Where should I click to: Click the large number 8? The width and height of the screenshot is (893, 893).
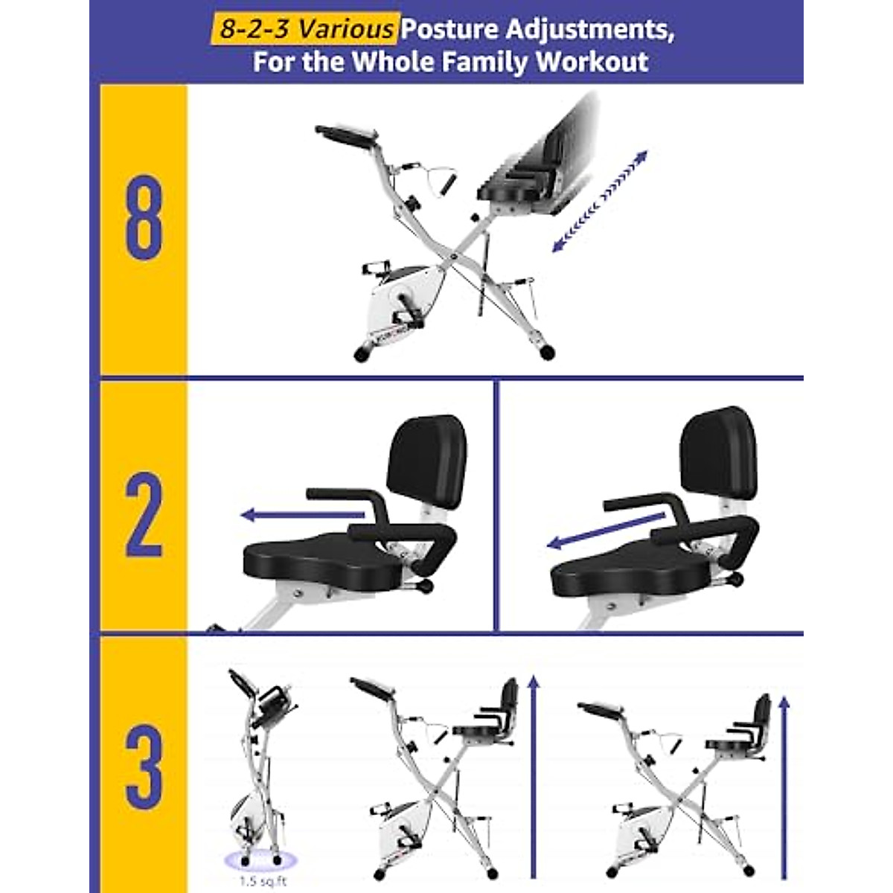[144, 217]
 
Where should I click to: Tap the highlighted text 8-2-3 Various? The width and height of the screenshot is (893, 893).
[304, 29]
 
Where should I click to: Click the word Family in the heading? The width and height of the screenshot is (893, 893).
[482, 61]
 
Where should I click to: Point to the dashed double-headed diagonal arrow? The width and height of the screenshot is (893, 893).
[600, 202]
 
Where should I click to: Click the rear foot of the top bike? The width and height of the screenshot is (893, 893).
[548, 351]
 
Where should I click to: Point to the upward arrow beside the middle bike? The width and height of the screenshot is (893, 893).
[532, 774]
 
